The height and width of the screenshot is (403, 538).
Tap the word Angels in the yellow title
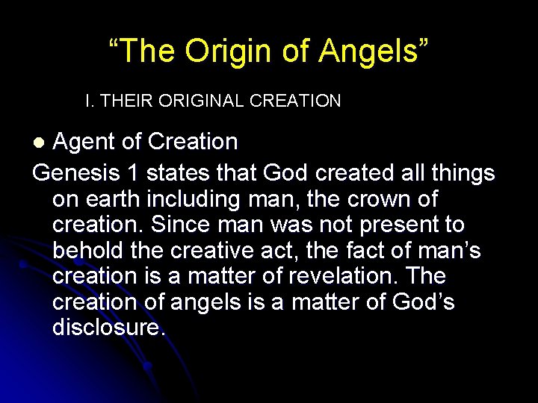point(374,51)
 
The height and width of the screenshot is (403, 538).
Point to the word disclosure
point(108,328)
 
